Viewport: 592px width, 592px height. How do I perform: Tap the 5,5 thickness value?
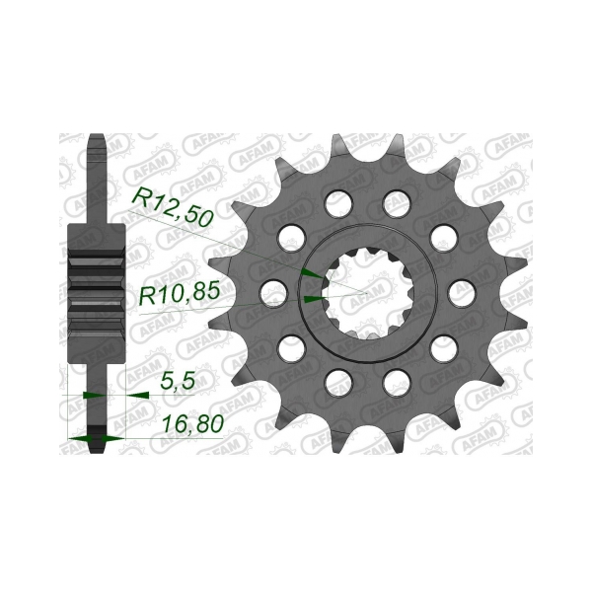178,381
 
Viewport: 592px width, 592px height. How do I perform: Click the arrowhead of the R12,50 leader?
312,273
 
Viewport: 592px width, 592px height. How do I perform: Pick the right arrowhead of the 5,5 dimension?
137,396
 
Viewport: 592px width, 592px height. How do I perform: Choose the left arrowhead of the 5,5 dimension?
94,396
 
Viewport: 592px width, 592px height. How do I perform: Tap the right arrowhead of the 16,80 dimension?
112,438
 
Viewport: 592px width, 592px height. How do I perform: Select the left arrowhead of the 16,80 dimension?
79,438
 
